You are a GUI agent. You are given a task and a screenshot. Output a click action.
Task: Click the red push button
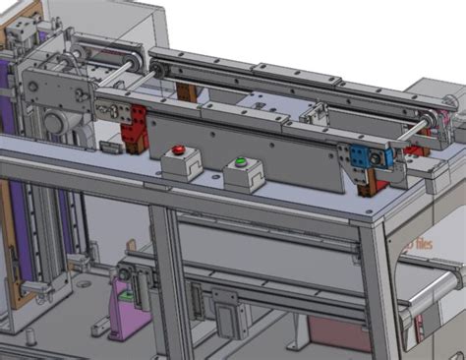click(x=178, y=151)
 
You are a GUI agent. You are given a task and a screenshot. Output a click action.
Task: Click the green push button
click(x=240, y=161)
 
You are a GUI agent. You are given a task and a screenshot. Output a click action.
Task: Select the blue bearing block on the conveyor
click(x=376, y=155)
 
